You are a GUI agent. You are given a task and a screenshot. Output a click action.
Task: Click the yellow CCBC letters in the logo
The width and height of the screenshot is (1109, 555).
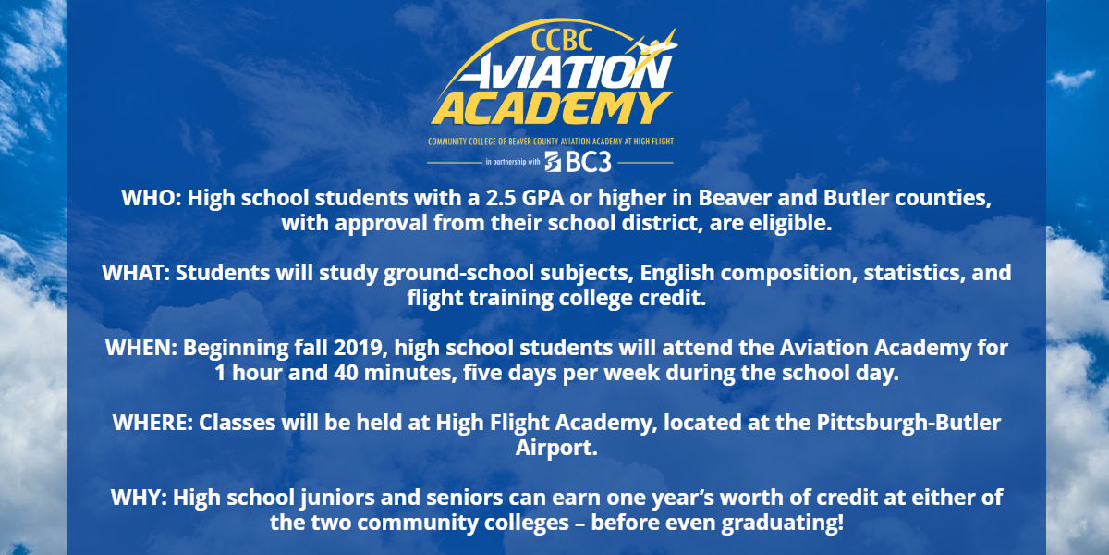562,40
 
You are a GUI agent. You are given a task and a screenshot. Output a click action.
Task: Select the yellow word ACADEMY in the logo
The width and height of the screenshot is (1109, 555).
551,108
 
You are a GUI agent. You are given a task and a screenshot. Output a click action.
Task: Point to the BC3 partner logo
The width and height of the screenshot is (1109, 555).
579,162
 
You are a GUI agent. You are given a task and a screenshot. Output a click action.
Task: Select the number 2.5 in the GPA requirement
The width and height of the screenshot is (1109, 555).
500,198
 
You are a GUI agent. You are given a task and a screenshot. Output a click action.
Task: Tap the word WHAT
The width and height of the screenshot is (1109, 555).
136,273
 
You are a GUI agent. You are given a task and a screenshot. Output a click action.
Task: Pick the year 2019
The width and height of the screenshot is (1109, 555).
360,348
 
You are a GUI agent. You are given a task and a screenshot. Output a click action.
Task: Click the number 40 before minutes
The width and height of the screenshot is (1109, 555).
346,373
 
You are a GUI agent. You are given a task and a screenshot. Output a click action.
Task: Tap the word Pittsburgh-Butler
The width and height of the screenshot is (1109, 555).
908,423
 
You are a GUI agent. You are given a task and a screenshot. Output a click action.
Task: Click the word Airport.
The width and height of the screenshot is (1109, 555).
556,448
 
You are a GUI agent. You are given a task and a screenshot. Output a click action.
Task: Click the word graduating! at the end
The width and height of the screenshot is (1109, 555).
782,523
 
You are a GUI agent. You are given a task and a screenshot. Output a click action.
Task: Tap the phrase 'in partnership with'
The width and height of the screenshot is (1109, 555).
512,162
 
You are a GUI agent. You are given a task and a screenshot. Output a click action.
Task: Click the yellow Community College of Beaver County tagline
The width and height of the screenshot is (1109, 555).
551,142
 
